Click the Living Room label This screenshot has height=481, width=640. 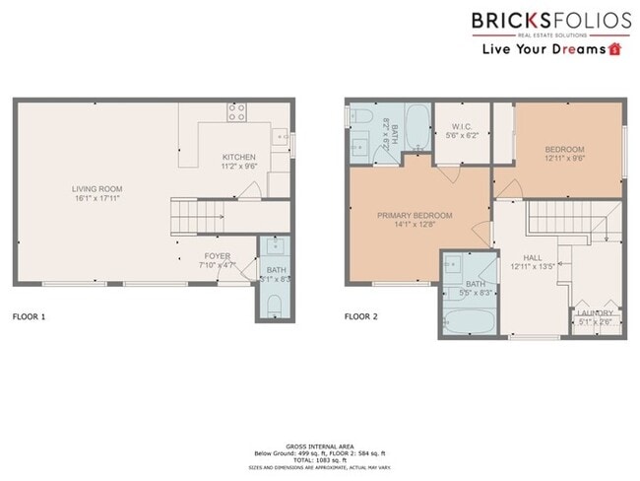(96, 188)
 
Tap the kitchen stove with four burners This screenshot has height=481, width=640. (237, 112)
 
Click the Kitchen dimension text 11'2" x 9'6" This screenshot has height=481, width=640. (239, 168)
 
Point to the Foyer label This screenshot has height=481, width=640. (217, 256)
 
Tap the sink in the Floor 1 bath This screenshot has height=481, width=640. (275, 246)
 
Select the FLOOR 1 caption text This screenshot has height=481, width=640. (29, 317)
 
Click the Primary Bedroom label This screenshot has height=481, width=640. (415, 215)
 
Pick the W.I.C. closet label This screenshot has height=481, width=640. (463, 126)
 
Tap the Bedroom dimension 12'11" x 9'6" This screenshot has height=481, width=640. (565, 158)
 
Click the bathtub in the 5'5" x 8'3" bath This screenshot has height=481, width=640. (462, 321)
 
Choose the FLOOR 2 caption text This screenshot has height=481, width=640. (360, 317)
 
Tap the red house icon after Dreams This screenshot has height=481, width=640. (615, 47)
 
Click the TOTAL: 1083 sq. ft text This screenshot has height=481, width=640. (319, 459)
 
